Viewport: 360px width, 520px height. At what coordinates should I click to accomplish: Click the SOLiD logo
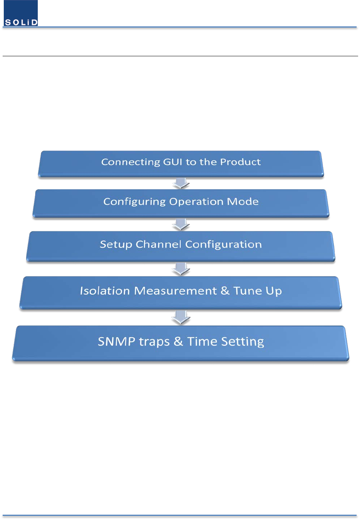(x=21, y=13)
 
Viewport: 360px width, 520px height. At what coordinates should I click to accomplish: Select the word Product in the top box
(x=240, y=162)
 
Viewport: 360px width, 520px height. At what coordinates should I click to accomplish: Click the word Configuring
(x=135, y=202)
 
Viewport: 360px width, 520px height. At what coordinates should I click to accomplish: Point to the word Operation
(x=196, y=202)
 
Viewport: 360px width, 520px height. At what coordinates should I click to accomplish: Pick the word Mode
(x=243, y=201)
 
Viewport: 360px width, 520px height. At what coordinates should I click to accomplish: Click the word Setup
(x=116, y=245)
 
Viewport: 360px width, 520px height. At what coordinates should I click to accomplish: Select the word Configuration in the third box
(x=224, y=245)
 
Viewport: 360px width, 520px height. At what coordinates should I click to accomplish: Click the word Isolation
(x=105, y=291)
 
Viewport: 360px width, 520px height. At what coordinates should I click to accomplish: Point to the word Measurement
(x=175, y=291)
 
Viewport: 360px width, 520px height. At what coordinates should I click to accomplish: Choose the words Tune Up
(x=258, y=291)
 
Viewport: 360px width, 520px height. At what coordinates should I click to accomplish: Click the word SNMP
(x=117, y=341)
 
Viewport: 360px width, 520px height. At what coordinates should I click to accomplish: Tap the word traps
(x=154, y=342)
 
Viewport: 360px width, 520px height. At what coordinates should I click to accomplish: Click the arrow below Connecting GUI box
(x=181, y=183)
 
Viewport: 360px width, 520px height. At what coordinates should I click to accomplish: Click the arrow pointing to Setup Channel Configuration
(x=181, y=224)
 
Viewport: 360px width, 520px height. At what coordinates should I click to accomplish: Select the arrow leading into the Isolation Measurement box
(x=181, y=269)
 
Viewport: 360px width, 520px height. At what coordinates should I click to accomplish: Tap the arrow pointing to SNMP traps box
(x=181, y=317)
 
